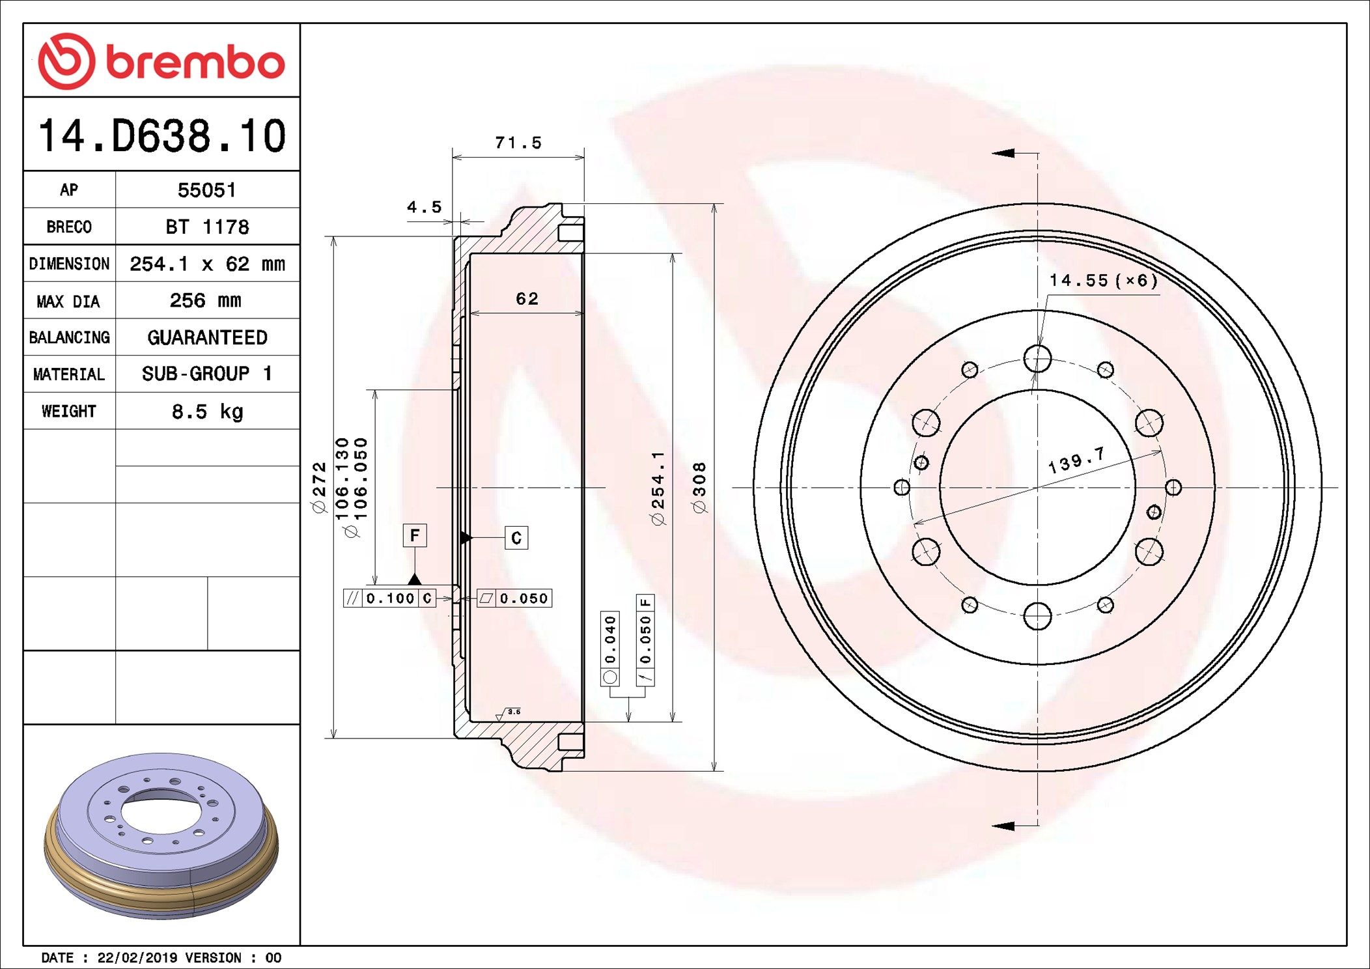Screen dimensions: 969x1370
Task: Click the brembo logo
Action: pos(161,61)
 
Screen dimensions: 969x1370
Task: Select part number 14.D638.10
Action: pos(161,135)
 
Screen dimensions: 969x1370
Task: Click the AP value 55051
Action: pos(206,190)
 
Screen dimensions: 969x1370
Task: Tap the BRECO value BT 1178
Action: pos(206,227)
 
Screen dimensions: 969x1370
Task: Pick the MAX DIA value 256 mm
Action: pos(205,301)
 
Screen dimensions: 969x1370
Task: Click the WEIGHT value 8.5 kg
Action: pos(207,412)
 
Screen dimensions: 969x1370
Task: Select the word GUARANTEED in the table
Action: pos(207,337)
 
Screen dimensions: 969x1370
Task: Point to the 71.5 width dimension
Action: pos(518,143)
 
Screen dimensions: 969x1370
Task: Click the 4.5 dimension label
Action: pos(424,207)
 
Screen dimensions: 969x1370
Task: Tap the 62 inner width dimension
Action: pos(527,299)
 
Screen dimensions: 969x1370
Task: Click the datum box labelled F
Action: pos(415,535)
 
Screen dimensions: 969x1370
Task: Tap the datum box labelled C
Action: pos(516,538)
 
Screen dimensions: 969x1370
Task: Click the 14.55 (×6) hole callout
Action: pos(1103,281)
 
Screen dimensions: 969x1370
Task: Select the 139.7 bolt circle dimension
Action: pos(1076,460)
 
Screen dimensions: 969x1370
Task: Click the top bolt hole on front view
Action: pos(1037,359)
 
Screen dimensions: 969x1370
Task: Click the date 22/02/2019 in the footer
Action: pos(137,957)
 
